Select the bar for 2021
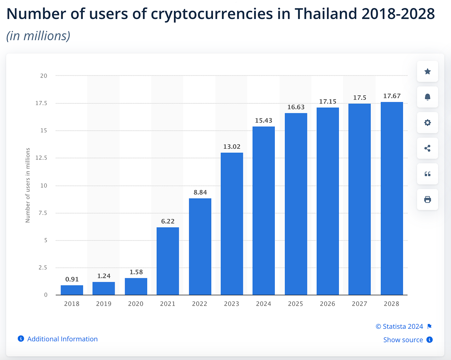tap(168, 261)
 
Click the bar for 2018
tap(72, 290)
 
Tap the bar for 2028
tap(392, 198)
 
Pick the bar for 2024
tap(264, 211)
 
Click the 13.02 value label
tap(232, 147)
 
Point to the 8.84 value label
tap(200, 193)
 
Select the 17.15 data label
tap(328, 102)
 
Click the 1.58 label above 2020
tap(136, 272)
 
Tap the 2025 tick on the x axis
tap(295, 304)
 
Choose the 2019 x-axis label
tap(104, 304)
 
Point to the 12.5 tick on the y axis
tap(41, 158)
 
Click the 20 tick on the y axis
tap(43, 76)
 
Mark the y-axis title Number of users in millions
tap(28, 185)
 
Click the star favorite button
tap(427, 71)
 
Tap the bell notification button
tap(427, 97)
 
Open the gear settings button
tap(427, 123)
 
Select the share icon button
tap(427, 148)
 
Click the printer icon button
tap(427, 200)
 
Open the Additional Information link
tap(62, 339)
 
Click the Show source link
tap(403, 340)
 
